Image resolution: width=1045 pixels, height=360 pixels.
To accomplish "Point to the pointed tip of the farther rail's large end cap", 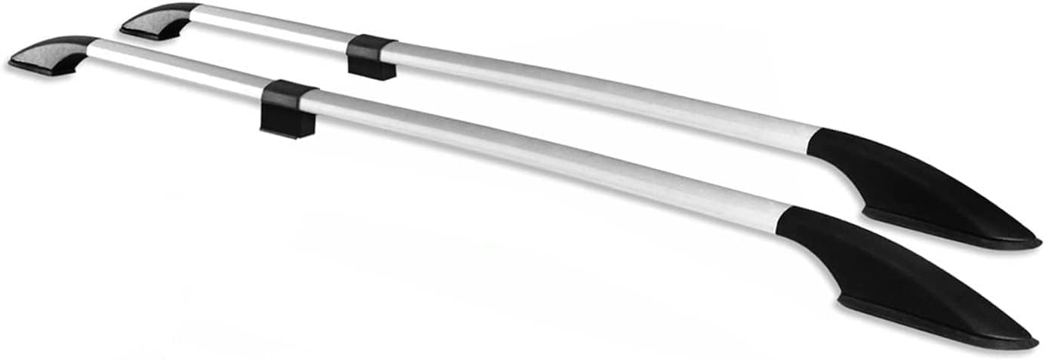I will (x=1038, y=243).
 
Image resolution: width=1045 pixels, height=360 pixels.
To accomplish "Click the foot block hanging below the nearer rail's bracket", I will (x=287, y=125).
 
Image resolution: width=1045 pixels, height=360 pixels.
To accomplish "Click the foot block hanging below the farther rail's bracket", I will (x=371, y=69).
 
